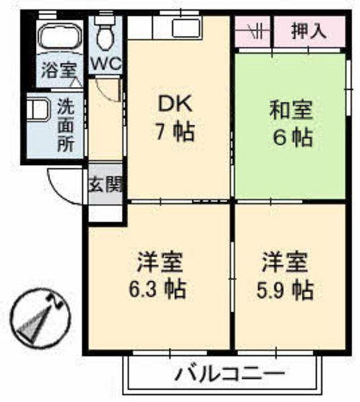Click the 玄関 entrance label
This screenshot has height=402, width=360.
click(x=105, y=185)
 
